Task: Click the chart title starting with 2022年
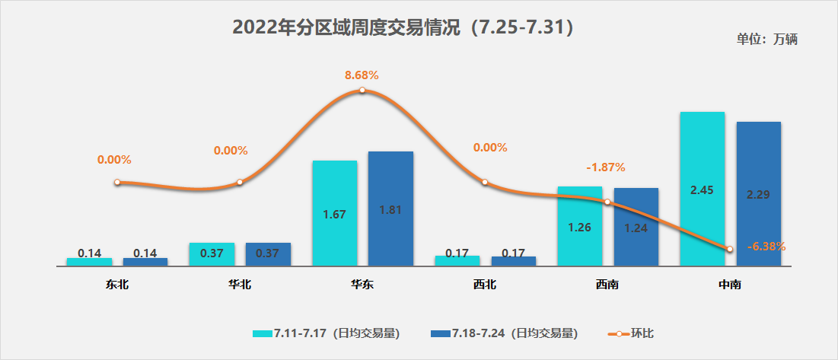pos(403,27)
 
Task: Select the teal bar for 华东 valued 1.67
pos(335,213)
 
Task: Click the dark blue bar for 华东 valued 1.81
pos(390,209)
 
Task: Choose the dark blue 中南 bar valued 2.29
pos(758,193)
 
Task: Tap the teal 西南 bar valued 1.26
pos(580,226)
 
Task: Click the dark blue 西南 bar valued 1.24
pos(636,227)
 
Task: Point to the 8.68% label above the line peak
pos(362,75)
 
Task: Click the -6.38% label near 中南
pos(766,246)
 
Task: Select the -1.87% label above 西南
pos(606,167)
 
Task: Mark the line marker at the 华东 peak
pos(362,91)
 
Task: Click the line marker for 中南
pos(730,249)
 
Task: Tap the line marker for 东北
pos(117,183)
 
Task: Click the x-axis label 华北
pos(240,285)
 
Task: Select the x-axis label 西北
pos(485,285)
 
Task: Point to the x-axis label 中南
pos(730,285)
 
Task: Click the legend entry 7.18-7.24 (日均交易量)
pos(504,333)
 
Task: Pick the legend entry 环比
pos(632,333)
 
